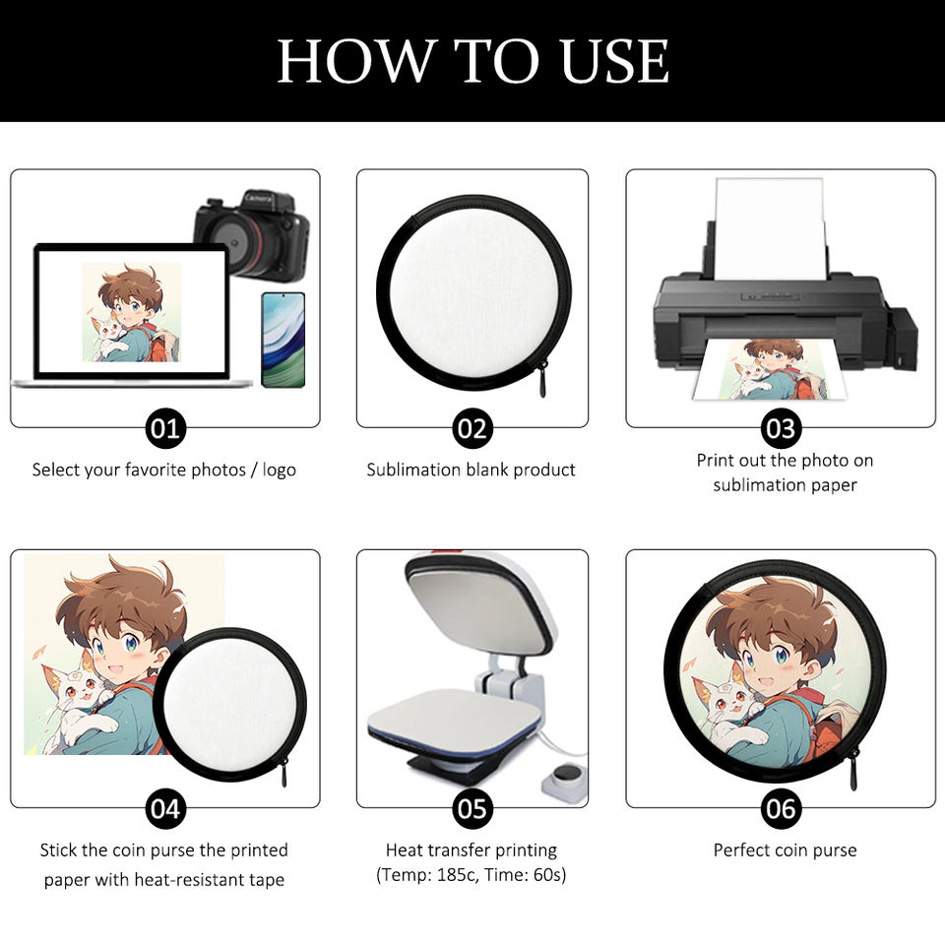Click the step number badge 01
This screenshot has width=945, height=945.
click(165, 428)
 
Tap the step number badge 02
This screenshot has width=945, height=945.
click(472, 428)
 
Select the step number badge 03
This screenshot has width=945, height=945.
click(781, 428)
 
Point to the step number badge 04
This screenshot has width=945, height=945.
click(165, 809)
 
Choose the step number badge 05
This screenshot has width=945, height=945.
click(472, 809)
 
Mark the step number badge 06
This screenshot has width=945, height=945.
click(781, 809)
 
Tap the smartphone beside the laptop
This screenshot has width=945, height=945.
click(283, 340)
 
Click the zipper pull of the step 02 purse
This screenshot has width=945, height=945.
click(542, 380)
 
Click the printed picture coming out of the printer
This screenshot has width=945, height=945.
click(770, 369)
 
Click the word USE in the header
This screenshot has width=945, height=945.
click(614, 61)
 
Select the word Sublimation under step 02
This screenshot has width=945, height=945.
click(407, 470)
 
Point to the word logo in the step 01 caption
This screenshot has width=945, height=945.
click(279, 471)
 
